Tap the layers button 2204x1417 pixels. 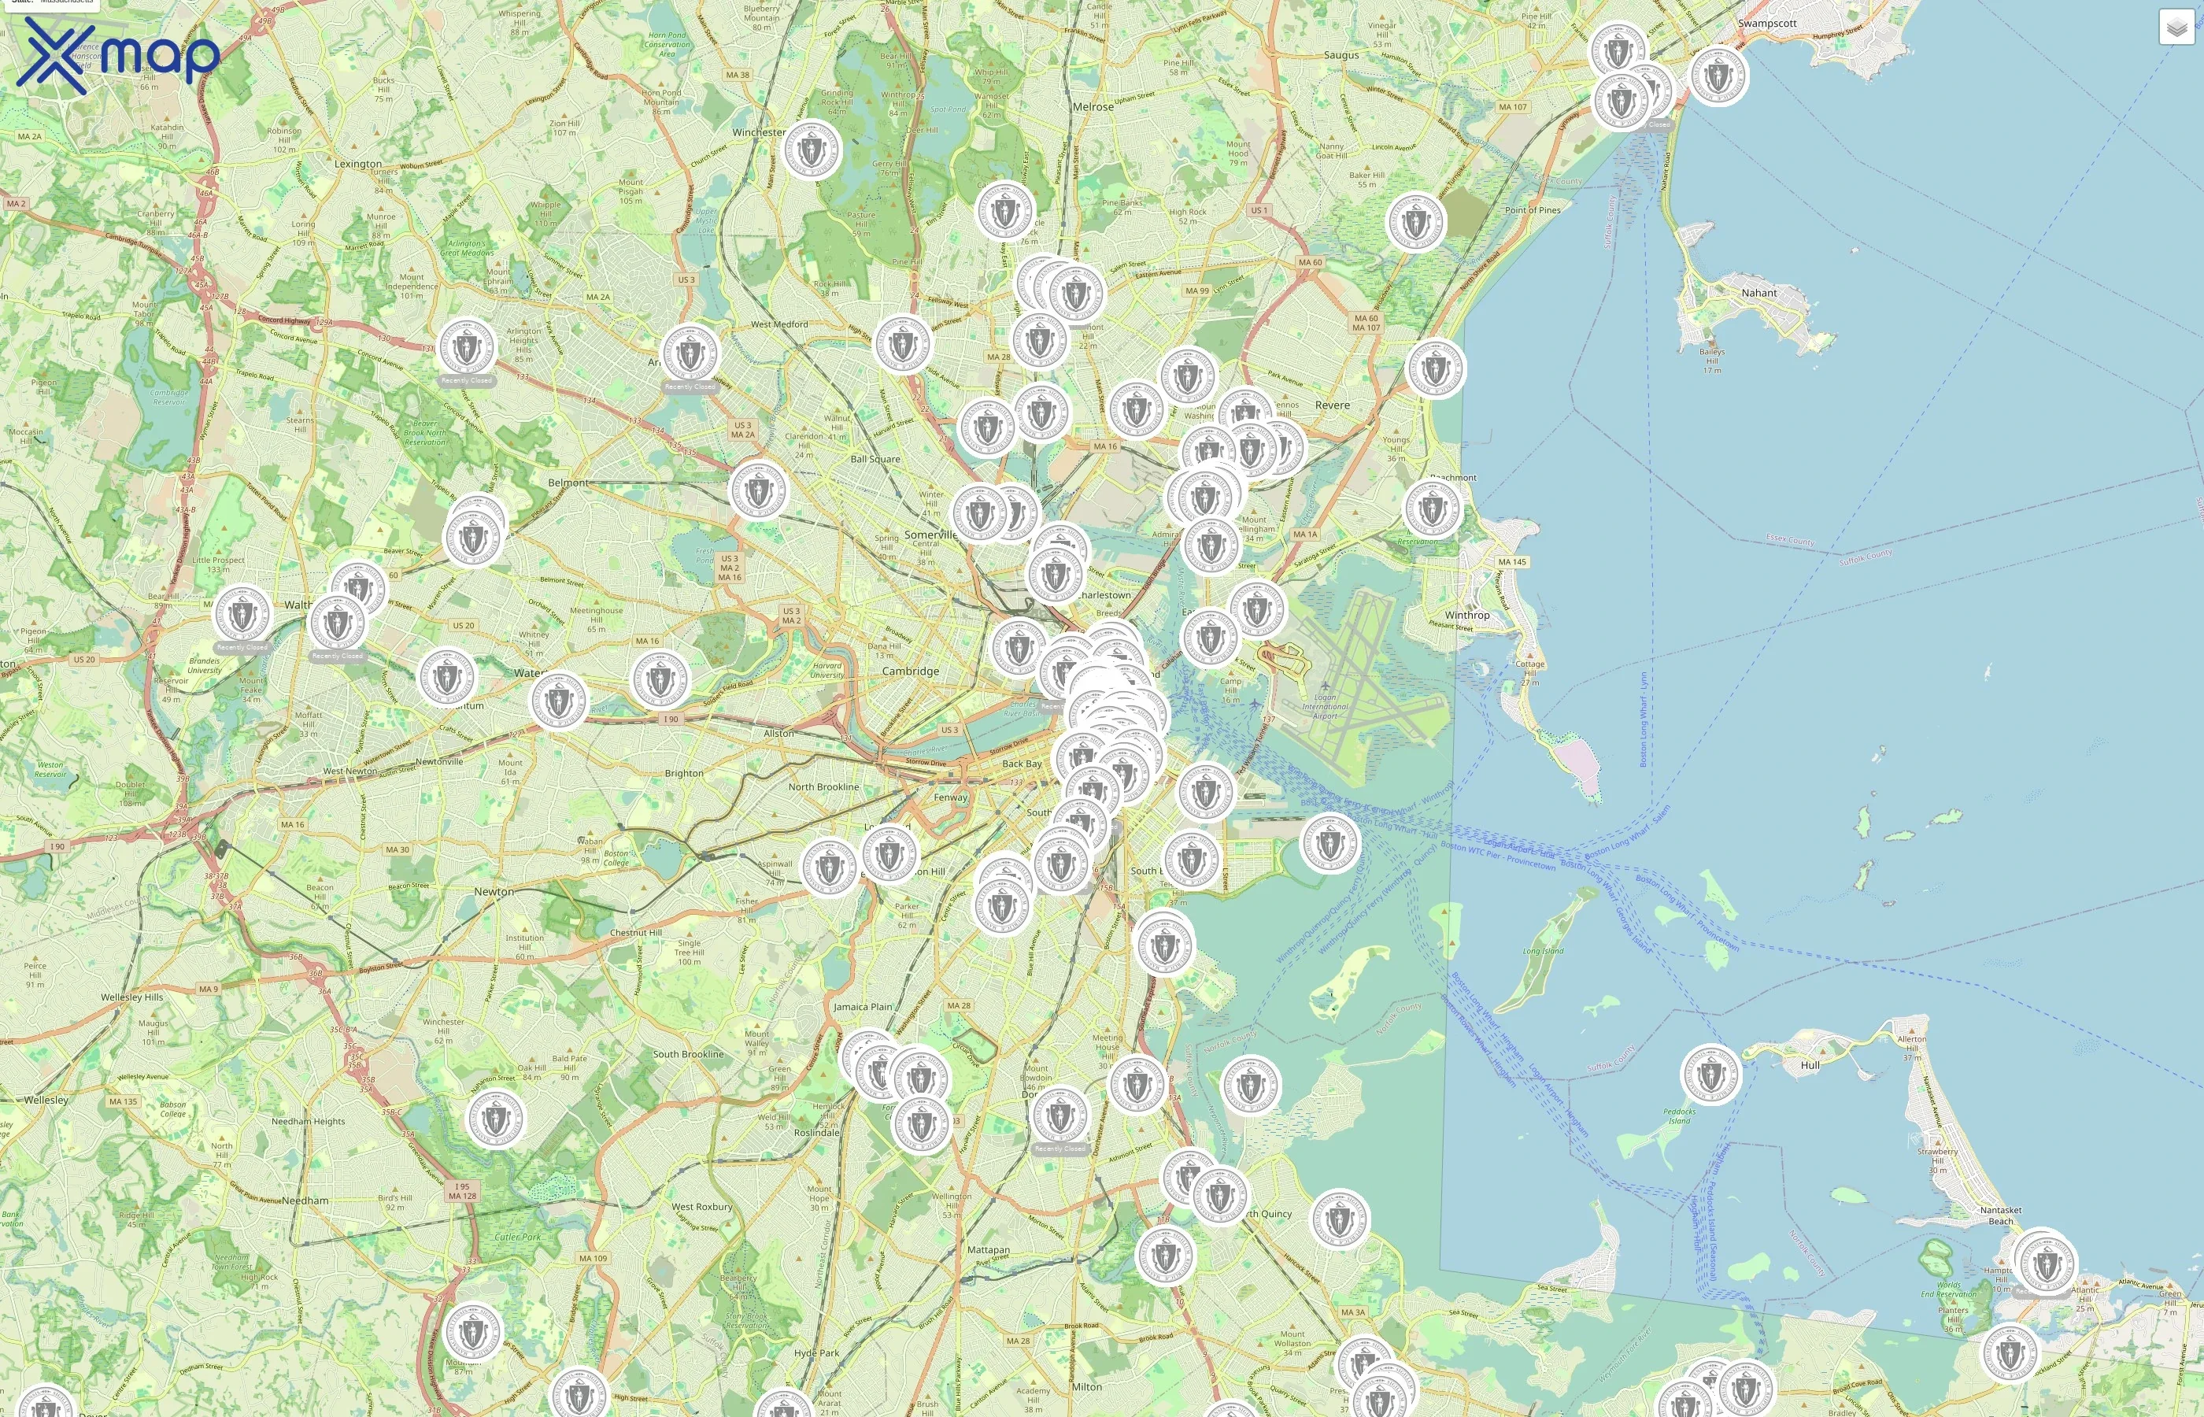point(2176,28)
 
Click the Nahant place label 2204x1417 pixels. point(1758,293)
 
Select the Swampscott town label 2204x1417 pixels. point(1766,23)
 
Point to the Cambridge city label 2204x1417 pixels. point(910,671)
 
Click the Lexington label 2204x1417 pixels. point(358,164)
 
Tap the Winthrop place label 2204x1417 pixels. point(1466,615)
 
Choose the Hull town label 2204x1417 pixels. point(1810,1064)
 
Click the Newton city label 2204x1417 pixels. point(494,892)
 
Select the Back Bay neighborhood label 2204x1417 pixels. point(1021,764)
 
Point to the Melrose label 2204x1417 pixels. point(1093,107)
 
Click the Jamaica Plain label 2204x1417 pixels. point(862,1007)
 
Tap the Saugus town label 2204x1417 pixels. point(1341,55)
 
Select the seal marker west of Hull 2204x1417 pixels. point(1710,1074)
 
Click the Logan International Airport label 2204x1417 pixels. point(1325,707)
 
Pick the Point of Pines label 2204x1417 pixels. point(1532,209)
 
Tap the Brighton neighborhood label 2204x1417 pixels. point(683,773)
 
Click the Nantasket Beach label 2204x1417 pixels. point(2000,1215)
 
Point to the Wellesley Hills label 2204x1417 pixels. point(131,997)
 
